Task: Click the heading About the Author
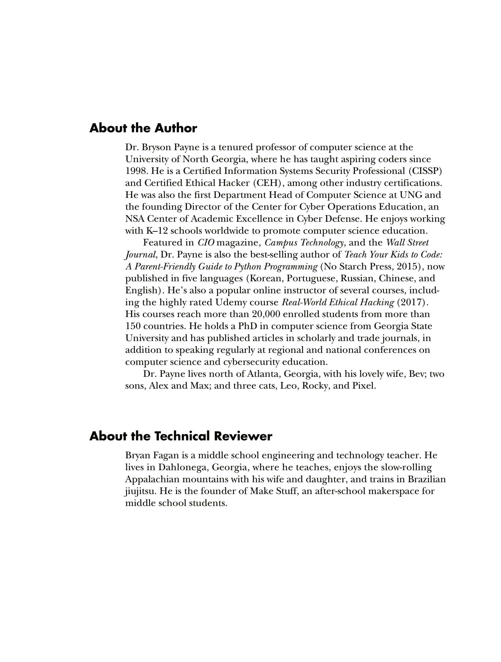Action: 143,128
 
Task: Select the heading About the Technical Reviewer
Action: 181,436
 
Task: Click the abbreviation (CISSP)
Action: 427,171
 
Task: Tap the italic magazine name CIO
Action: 206,243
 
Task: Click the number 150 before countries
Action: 133,326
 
